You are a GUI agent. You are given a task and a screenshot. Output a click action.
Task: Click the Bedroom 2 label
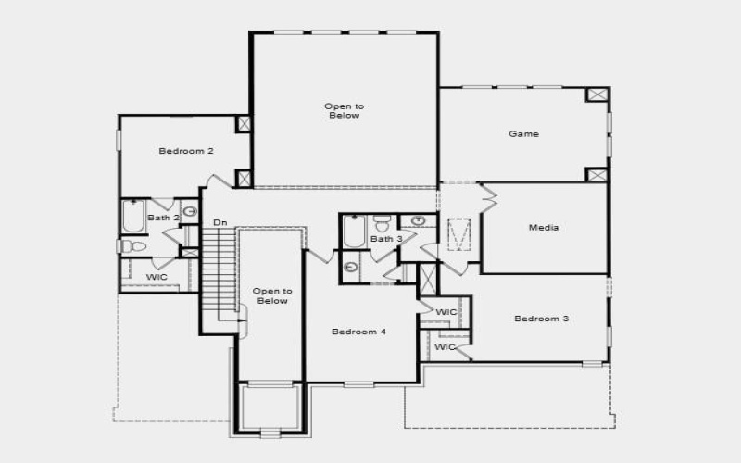point(186,151)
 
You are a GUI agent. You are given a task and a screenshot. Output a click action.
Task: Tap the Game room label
point(523,134)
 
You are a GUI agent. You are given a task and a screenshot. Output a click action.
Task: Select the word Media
point(544,227)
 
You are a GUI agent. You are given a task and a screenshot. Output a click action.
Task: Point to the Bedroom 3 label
point(541,319)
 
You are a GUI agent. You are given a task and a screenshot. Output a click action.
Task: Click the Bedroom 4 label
point(359,332)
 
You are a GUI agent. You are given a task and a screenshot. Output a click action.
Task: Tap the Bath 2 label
point(164,218)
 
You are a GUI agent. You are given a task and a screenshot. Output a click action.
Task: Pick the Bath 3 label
point(386,240)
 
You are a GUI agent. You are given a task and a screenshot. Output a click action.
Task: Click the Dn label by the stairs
point(220,223)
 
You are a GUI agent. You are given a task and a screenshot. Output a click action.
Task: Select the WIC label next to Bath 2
point(157,277)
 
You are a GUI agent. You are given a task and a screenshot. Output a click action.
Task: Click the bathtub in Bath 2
point(133,218)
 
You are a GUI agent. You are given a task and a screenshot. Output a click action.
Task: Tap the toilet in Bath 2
point(131,246)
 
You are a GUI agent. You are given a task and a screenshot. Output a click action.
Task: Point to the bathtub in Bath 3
point(354,232)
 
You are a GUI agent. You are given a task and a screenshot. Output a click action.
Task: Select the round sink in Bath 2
point(189,211)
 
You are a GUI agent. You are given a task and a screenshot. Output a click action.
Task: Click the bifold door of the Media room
point(488,196)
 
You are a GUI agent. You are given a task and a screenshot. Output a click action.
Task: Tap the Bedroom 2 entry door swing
point(220,181)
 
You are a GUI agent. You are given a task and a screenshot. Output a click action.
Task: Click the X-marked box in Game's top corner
point(597,95)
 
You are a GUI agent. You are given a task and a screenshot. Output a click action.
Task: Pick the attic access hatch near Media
point(459,235)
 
